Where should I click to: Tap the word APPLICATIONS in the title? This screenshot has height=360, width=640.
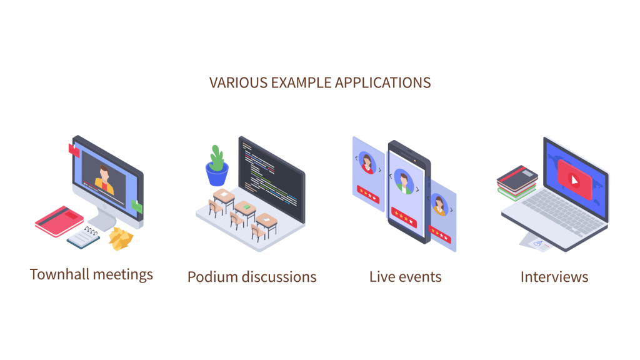[383, 83]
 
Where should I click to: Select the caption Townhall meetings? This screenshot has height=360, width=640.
[91, 274]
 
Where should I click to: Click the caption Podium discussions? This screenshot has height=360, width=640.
[252, 277]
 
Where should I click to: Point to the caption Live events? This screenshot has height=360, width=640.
[405, 277]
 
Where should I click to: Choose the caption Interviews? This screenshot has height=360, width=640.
[554, 277]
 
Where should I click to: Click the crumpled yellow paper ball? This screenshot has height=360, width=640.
[121, 238]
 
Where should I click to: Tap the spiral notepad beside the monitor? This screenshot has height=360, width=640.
[84, 237]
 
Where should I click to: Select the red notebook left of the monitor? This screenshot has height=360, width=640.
[59, 221]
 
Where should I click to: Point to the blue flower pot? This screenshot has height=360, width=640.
[217, 174]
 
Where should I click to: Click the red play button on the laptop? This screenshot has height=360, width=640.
[574, 179]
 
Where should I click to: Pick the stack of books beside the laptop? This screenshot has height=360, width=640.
[517, 182]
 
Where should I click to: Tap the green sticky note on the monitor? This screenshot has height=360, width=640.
[137, 206]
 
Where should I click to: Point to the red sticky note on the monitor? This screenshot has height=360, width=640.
[74, 150]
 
